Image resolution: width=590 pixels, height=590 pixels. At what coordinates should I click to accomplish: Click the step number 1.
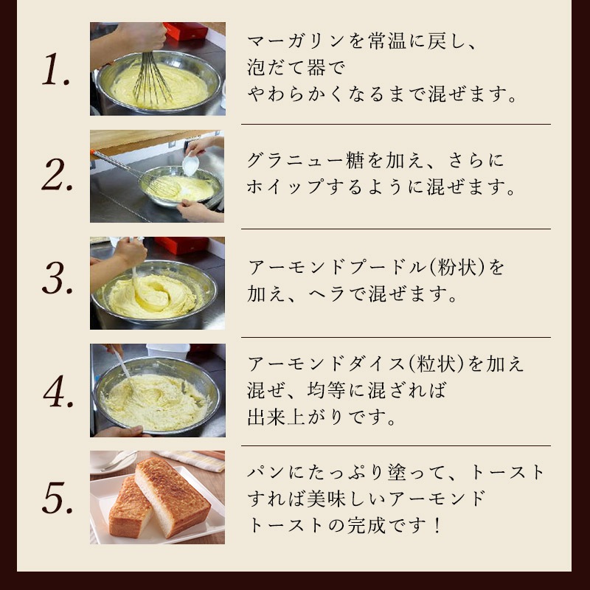tap(56, 69)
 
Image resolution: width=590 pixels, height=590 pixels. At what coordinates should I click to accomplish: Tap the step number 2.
tap(58, 174)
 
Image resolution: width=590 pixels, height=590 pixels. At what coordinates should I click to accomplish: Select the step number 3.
tap(58, 278)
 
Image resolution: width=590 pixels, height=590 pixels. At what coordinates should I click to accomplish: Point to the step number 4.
tap(58, 391)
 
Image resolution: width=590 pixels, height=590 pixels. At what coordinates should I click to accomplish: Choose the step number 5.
tap(58, 497)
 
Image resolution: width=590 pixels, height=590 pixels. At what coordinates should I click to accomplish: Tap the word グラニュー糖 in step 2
tap(305, 161)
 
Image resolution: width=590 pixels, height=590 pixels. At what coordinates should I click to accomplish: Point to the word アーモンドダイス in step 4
tap(326, 364)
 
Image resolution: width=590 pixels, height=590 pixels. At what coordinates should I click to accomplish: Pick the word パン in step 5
tap(265, 472)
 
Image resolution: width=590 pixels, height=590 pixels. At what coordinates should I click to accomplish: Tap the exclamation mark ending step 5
tap(437, 525)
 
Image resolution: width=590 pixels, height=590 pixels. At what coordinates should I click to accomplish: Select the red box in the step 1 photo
tap(186, 31)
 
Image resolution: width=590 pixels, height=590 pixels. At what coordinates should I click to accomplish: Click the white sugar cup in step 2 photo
tap(190, 164)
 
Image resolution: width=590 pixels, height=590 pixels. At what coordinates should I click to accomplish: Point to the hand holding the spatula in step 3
tap(130, 252)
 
